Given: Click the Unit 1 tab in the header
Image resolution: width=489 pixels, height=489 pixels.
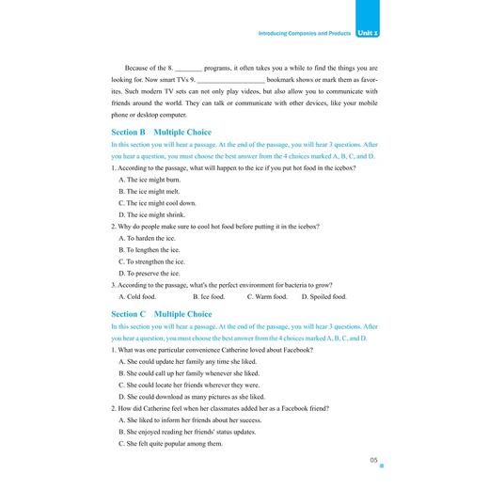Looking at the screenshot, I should [x=376, y=33].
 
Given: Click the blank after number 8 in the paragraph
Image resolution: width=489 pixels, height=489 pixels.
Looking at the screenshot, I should [x=189, y=69].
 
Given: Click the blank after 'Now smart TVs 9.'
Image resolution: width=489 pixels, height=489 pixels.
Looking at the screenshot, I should [x=226, y=82].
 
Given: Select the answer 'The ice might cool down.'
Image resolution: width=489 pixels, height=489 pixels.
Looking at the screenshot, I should [x=157, y=202].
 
